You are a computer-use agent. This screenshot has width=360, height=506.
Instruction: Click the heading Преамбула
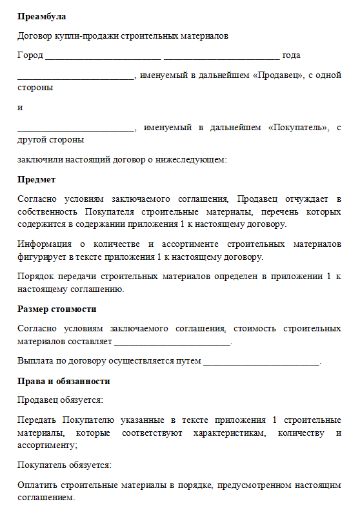(41, 15)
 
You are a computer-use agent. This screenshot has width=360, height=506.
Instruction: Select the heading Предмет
(36, 179)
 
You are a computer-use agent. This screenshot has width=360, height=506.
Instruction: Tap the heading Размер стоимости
(57, 309)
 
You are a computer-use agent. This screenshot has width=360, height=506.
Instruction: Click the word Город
(30, 55)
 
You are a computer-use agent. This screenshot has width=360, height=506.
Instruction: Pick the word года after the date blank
(292, 55)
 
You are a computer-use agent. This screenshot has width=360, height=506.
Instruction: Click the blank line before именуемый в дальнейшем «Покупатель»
(75, 129)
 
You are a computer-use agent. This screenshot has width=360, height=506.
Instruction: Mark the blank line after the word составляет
(172, 342)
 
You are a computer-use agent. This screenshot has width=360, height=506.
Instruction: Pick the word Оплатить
(38, 485)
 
